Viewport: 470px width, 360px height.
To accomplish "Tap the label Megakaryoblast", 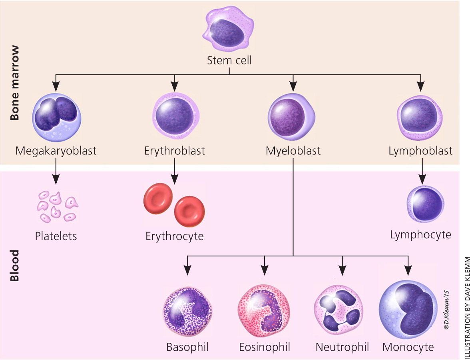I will click(56, 151).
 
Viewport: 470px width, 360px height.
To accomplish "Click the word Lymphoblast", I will click(420, 151).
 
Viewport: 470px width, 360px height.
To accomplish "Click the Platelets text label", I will click(56, 236).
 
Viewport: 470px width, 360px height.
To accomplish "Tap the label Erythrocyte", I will click(174, 236).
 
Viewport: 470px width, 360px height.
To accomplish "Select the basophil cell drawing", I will click(187, 310).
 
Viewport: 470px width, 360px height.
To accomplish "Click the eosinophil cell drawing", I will click(264, 310).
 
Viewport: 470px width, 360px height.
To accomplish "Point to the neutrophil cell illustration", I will click(341, 310).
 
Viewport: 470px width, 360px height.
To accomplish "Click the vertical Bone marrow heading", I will click(15, 83).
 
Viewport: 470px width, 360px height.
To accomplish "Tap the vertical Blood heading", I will click(15, 260).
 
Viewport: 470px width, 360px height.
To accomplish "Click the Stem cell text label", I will click(229, 60).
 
